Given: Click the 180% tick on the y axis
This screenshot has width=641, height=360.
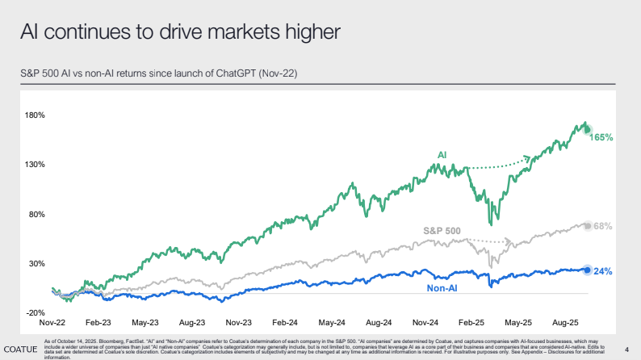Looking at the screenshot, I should [x=34, y=115].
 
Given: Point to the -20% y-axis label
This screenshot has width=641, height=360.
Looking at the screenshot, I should [x=34, y=313].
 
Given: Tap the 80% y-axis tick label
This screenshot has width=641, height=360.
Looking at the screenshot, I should [x=36, y=214].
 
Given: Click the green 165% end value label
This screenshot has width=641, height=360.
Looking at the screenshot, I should [x=602, y=138].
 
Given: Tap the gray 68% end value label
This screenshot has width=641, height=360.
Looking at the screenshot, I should [x=602, y=227].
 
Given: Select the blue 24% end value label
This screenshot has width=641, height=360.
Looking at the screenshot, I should [x=602, y=272].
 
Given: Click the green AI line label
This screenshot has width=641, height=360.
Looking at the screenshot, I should [x=442, y=153].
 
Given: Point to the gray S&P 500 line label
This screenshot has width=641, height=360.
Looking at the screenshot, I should [x=442, y=231].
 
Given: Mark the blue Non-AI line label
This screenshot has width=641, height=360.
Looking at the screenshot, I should [x=443, y=287].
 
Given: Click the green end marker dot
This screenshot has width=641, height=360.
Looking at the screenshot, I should [x=587, y=129].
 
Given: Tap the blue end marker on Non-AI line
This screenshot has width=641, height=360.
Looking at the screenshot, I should [x=587, y=270].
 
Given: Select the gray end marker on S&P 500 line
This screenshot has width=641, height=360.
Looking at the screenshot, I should [x=587, y=226].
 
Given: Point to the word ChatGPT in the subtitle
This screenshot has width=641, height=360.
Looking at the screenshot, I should [x=240, y=73].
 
